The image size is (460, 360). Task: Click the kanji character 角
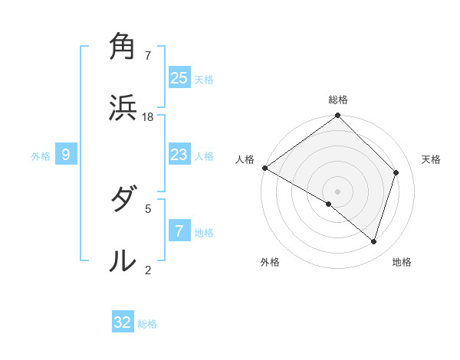(123, 47)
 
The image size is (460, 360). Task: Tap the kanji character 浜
(123, 108)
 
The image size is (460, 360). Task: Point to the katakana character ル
(123, 260)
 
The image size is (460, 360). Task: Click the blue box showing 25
(179, 77)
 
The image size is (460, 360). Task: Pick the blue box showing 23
(179, 155)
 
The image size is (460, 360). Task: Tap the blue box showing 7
(179, 231)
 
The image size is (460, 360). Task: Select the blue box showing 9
(66, 155)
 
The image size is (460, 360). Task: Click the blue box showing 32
(123, 322)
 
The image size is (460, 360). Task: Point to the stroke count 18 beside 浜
(149, 116)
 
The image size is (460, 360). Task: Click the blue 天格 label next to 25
(204, 79)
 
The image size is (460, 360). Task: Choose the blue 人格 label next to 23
(204, 156)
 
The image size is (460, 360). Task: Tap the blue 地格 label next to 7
(204, 232)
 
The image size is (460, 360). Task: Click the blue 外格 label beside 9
(41, 156)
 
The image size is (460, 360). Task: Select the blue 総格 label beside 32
(147, 324)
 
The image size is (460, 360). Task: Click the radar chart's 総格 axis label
(338, 100)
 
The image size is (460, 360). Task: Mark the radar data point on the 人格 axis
(264, 168)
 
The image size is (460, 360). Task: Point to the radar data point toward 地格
(374, 241)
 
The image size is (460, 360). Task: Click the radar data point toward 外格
(329, 205)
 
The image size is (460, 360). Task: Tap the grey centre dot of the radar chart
(337, 191)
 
